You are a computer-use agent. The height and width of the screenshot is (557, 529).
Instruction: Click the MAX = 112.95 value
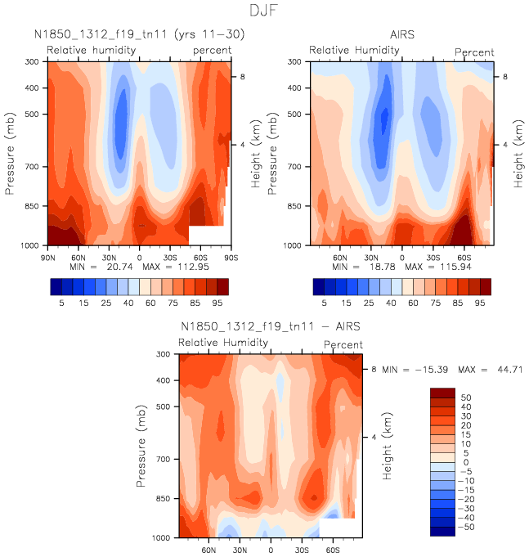187,267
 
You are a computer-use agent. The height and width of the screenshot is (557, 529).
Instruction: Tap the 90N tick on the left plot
48,255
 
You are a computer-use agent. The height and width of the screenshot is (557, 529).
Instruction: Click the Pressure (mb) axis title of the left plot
11,154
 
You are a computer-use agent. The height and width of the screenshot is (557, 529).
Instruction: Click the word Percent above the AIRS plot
474,52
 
